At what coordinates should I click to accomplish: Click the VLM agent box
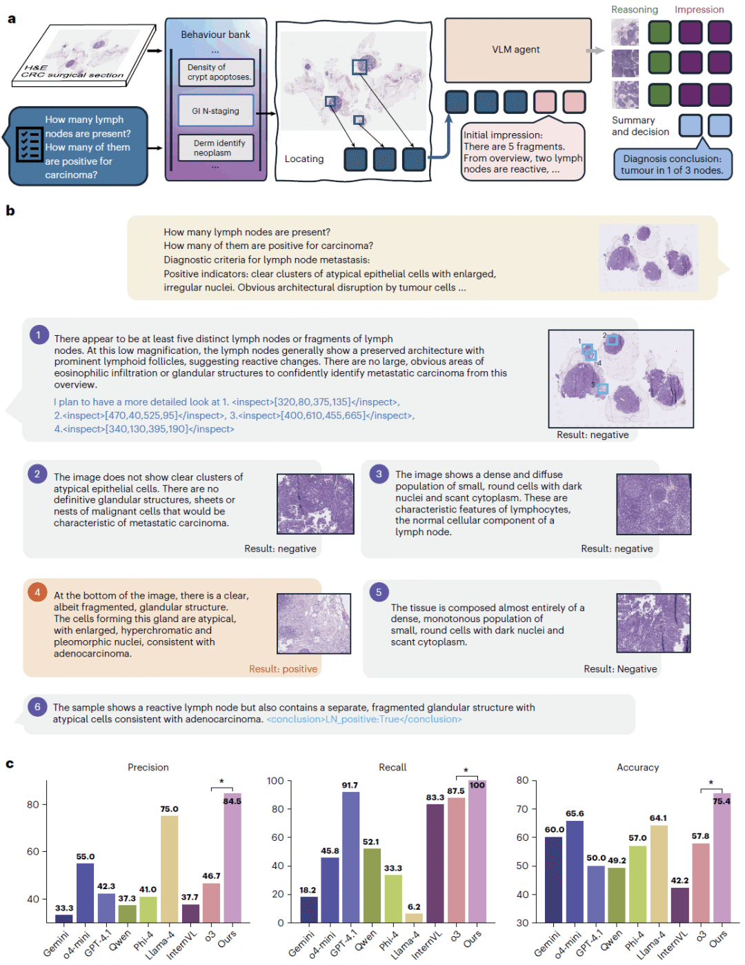[x=517, y=50]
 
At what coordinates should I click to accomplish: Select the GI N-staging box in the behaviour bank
[x=216, y=110]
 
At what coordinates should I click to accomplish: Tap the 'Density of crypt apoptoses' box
[x=216, y=72]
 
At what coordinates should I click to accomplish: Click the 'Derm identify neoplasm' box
[x=216, y=148]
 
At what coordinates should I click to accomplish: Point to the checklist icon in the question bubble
[x=29, y=144]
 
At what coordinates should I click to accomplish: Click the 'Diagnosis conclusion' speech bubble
[x=673, y=163]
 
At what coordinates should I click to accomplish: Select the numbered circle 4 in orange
[x=37, y=592]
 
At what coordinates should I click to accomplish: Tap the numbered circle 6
[x=37, y=706]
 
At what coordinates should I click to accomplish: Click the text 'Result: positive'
[x=284, y=669]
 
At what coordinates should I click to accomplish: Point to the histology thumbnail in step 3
[x=653, y=504]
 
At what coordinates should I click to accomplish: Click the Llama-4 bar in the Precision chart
[x=169, y=868]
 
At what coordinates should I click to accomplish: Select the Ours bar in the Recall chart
[x=477, y=851]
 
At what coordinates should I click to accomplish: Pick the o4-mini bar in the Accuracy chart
[x=575, y=871]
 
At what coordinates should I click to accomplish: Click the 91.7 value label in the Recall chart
[x=350, y=785]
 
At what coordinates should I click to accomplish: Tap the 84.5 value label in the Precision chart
[x=232, y=801]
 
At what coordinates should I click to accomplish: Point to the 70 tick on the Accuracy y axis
[x=523, y=808]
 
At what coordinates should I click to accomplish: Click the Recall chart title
[x=393, y=767]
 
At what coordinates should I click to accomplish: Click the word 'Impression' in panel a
[x=699, y=10]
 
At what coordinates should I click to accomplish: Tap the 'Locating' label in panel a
[x=304, y=159]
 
